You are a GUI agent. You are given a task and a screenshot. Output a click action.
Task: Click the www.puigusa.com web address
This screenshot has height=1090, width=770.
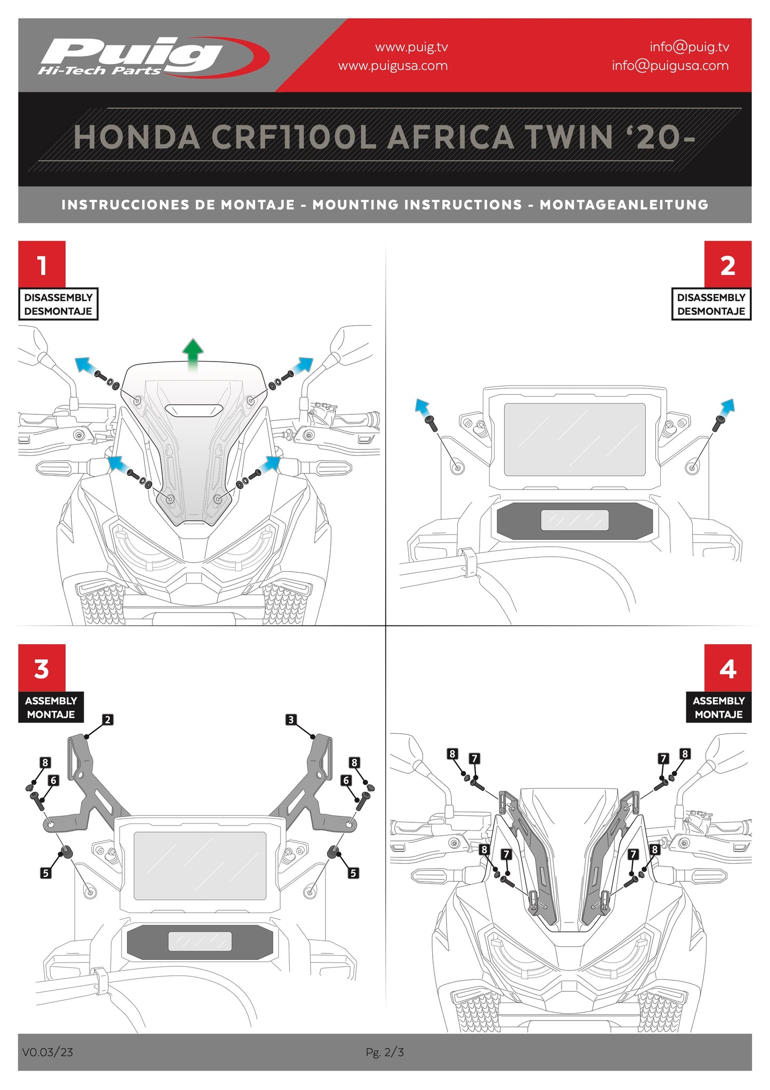tap(393, 66)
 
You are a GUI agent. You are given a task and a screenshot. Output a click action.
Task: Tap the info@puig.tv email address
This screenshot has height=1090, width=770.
tap(689, 47)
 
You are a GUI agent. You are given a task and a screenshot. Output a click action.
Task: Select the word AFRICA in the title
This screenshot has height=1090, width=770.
tap(451, 138)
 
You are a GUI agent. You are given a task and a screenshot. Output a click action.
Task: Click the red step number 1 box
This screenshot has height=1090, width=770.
tap(42, 265)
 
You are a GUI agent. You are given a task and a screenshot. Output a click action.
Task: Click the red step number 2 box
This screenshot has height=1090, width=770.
tap(727, 265)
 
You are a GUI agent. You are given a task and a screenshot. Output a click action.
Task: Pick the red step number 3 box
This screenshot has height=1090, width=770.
tap(42, 668)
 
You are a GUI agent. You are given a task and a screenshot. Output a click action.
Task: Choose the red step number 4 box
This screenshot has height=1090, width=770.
tap(727, 668)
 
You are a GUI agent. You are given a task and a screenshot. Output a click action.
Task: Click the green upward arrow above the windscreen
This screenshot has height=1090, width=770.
tap(193, 353)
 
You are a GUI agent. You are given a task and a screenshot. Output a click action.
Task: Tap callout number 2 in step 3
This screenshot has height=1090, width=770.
tap(108, 720)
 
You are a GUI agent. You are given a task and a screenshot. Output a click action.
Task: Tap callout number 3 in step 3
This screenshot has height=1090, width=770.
tap(290, 720)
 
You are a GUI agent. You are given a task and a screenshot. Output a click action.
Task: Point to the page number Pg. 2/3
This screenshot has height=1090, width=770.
tap(385, 1052)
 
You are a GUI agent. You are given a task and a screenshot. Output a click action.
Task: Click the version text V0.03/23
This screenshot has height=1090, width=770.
tap(47, 1052)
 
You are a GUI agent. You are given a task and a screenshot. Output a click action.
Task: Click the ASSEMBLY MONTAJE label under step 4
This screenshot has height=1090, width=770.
tap(718, 707)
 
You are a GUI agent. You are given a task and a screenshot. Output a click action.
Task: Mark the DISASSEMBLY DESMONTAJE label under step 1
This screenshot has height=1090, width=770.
tap(58, 304)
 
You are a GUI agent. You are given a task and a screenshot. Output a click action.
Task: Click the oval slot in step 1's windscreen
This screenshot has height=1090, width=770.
tap(193, 410)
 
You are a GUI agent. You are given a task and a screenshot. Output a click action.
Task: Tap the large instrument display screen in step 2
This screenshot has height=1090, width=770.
tap(574, 439)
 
